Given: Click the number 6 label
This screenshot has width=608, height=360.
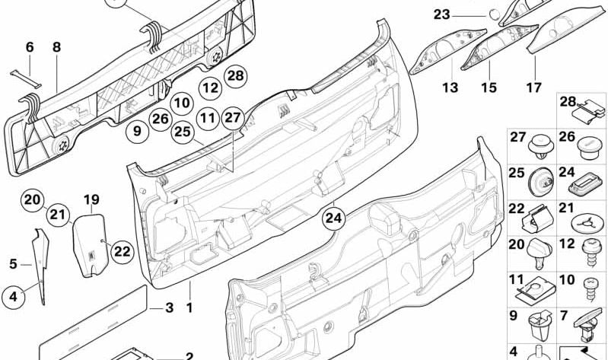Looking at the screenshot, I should point(30,47).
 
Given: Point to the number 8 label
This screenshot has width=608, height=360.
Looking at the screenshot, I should point(56,47).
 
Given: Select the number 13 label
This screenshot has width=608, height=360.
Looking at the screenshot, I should point(450,88).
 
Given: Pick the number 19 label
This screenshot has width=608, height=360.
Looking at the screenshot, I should point(91,200).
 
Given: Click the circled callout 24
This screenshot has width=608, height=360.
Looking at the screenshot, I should point(333,218).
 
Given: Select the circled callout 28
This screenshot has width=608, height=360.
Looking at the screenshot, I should point(236,75).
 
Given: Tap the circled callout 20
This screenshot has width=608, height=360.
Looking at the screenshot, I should point(31,200).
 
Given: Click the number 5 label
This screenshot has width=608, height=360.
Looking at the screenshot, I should point(13,264).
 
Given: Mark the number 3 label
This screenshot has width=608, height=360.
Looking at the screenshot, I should point(170,308).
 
